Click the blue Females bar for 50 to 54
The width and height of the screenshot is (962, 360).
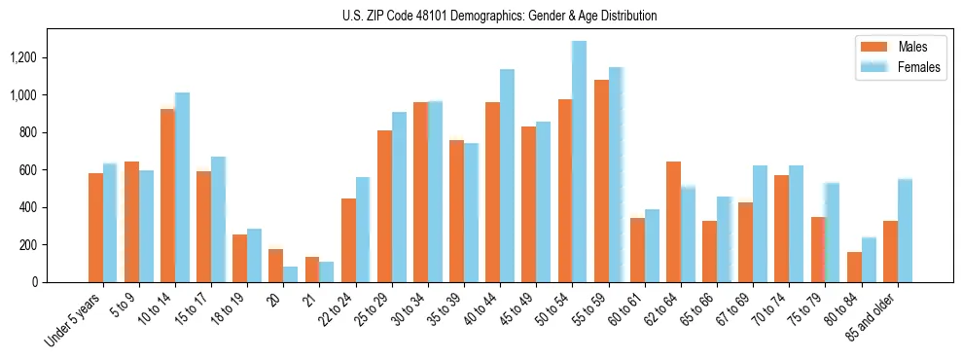point(580,162)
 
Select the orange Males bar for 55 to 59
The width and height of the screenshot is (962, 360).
point(601,181)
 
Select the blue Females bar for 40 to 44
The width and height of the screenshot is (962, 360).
point(507,176)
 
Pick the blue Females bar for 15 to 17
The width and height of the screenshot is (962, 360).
point(219,220)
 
